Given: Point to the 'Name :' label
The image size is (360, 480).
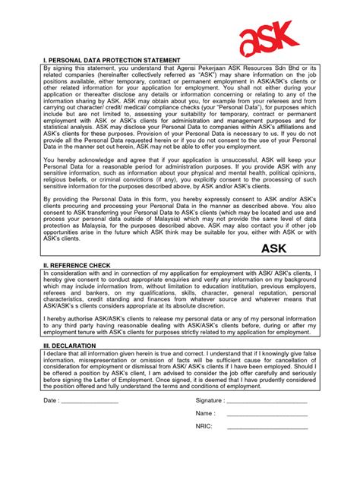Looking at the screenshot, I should (205, 413).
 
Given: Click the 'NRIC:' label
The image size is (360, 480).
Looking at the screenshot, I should (204, 427).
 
